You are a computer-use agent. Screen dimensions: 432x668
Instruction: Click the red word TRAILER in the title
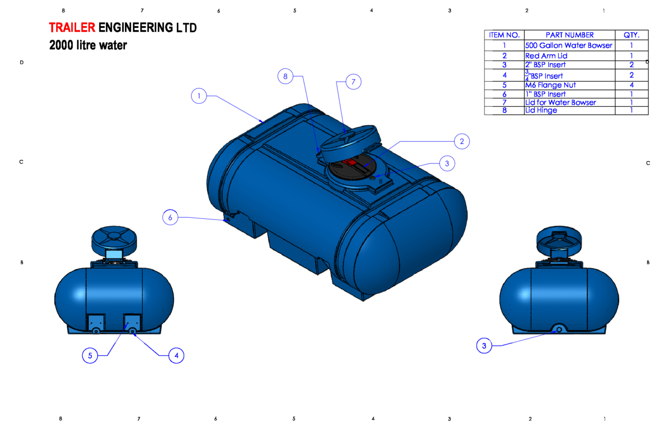[72, 28]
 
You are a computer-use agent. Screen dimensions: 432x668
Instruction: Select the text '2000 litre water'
[88, 45]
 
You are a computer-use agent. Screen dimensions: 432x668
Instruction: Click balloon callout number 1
[199, 96]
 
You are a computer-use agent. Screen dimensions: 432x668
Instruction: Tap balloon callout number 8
[286, 77]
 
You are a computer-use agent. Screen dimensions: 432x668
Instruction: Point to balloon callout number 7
[354, 82]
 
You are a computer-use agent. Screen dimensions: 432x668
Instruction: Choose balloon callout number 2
[461, 141]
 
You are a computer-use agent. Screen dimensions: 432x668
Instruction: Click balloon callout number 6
[170, 218]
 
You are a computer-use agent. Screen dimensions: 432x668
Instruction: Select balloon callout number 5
[90, 355]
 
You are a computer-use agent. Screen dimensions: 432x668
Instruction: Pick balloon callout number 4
[176, 355]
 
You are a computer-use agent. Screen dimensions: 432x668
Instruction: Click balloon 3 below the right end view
[484, 346]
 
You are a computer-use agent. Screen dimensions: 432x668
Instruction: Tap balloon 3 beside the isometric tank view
[447, 164]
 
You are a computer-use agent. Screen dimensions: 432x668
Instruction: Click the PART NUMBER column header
[569, 35]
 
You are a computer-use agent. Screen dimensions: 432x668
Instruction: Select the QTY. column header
[632, 35]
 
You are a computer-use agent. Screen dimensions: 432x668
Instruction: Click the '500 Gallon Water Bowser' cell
[569, 45]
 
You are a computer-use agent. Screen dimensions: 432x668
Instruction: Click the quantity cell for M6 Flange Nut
[632, 85]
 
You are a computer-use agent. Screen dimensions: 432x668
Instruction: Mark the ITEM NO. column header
[504, 35]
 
